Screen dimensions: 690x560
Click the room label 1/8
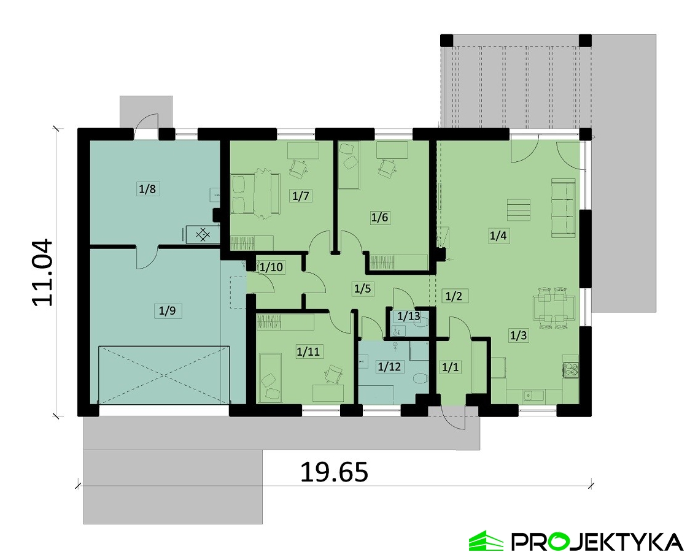point(147,189)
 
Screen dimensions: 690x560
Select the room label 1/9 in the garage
point(167,311)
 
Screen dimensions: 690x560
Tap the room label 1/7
point(301,196)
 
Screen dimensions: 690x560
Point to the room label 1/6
point(380,217)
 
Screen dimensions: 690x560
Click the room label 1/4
point(498,236)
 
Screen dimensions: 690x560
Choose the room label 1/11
point(308,351)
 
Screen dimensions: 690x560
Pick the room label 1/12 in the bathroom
point(389,366)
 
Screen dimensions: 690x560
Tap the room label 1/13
point(408,316)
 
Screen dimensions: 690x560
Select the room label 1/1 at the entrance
point(450,367)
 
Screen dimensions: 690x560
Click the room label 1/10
point(271,267)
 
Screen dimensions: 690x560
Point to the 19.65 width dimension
point(334,472)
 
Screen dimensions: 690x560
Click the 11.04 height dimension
point(43,272)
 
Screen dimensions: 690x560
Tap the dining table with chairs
point(554,308)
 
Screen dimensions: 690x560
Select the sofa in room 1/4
point(564,207)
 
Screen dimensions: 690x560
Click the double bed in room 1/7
point(255,194)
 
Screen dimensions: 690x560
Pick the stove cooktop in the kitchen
point(572,369)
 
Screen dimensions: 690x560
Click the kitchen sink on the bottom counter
point(533,395)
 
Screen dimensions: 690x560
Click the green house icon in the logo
point(486,540)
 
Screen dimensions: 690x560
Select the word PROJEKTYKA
point(597,542)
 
